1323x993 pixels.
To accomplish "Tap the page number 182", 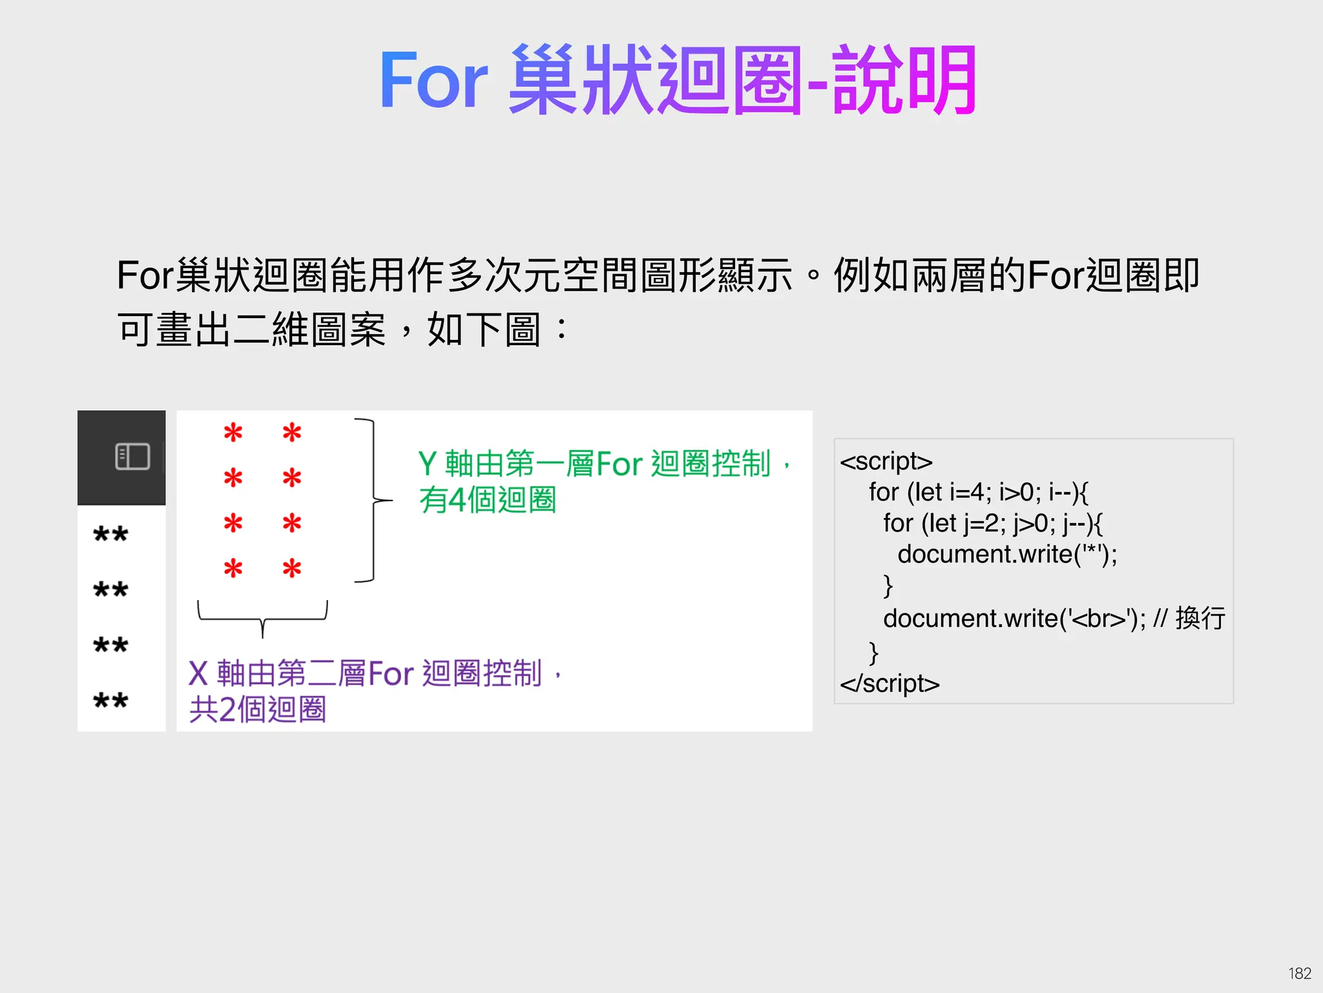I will pos(1299,973).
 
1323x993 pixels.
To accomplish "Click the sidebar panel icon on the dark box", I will pos(132,456).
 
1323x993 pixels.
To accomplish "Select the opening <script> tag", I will pos(886,462).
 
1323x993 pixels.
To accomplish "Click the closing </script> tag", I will pos(890,683).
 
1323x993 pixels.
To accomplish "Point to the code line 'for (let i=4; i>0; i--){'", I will pos(978,493).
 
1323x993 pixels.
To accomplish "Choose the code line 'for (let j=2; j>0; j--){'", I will pos(992,523).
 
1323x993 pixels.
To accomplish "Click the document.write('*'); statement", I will pos(1007,554).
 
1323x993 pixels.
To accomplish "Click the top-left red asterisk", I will pos(233,432).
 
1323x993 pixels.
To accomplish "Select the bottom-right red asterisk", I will pos(292,569).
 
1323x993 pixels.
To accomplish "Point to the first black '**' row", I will pos(110,535).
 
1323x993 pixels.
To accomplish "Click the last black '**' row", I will pos(110,701).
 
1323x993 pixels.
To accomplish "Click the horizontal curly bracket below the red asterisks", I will pos(262,617).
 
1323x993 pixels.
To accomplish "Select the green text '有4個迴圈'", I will pos(487,500).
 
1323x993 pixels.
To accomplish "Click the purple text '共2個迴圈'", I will pos(257,709).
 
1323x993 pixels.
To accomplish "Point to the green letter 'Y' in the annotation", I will pos(428,464).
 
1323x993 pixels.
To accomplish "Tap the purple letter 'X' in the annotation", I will pos(198,674).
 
